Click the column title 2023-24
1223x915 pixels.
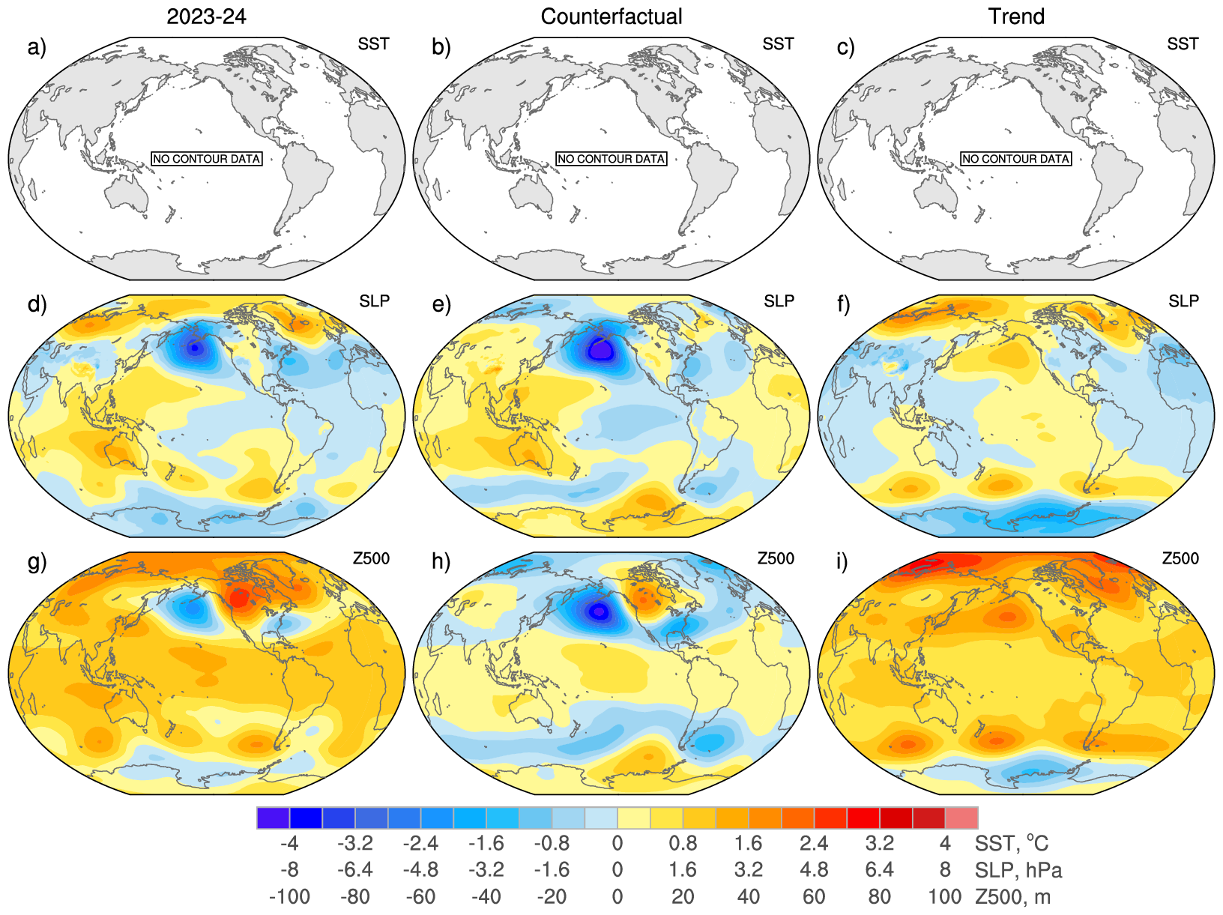pyautogui.click(x=206, y=16)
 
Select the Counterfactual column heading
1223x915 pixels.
pyautogui.click(x=611, y=16)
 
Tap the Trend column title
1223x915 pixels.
pyautogui.click(x=1016, y=16)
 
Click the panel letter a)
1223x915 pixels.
pyautogui.click(x=37, y=47)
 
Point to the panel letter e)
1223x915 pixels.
pyautogui.click(x=442, y=304)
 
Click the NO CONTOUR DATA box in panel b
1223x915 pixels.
pyautogui.click(x=611, y=159)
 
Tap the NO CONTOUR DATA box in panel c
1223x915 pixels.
pyautogui.click(x=1016, y=159)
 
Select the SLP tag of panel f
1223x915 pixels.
pyautogui.click(x=1183, y=301)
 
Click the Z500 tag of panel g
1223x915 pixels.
pyautogui.click(x=371, y=558)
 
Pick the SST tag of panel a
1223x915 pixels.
pyautogui.click(x=373, y=44)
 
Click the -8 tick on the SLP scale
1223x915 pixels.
pyautogui.click(x=289, y=870)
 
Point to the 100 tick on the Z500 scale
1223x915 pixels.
pyautogui.click(x=944, y=897)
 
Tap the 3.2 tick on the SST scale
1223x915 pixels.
pyautogui.click(x=879, y=844)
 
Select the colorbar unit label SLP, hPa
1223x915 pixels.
pyautogui.click(x=1018, y=870)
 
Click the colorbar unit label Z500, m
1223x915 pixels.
pyautogui.click(x=1012, y=897)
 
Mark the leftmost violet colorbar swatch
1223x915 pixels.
pyautogui.click(x=273, y=818)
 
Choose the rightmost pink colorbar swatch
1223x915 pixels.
pyautogui.click(x=961, y=818)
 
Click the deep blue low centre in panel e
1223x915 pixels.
pyautogui.click(x=600, y=350)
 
